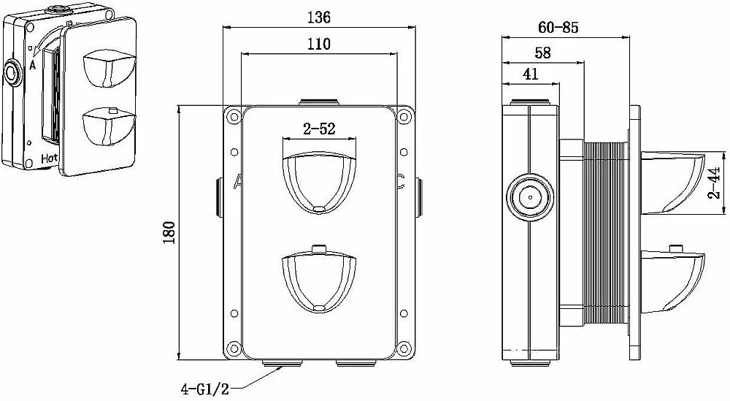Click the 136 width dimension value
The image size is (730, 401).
[x=319, y=18]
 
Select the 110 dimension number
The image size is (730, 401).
[x=319, y=44]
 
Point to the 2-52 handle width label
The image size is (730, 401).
[x=320, y=129]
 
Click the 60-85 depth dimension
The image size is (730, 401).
[x=558, y=28]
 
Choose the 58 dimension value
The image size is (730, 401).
[x=543, y=53]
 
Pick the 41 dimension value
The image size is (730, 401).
[x=530, y=74]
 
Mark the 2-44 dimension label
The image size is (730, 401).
[x=714, y=183]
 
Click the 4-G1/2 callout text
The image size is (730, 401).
[x=205, y=389]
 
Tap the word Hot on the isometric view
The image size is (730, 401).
[x=50, y=159]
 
